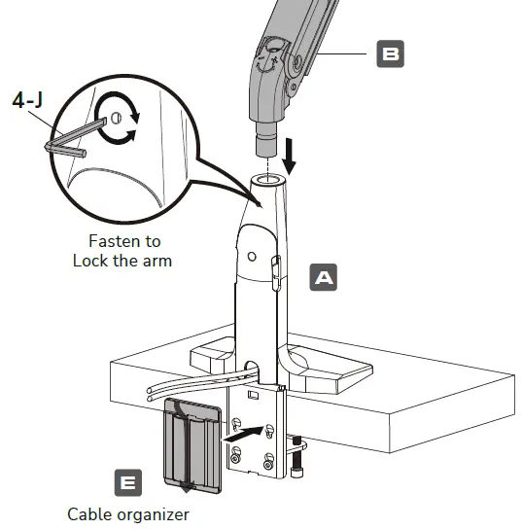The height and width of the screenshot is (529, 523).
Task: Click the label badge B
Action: (389, 53)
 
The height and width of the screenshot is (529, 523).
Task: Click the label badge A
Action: (323, 278)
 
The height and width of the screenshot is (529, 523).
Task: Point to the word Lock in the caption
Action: (91, 261)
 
